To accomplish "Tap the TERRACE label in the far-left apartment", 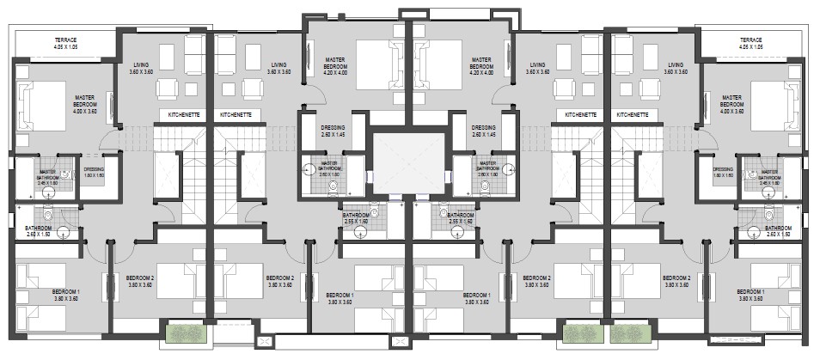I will coord(65,40).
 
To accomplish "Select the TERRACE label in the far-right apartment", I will coord(750,40).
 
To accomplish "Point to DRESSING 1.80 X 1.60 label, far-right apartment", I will coord(724,173).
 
